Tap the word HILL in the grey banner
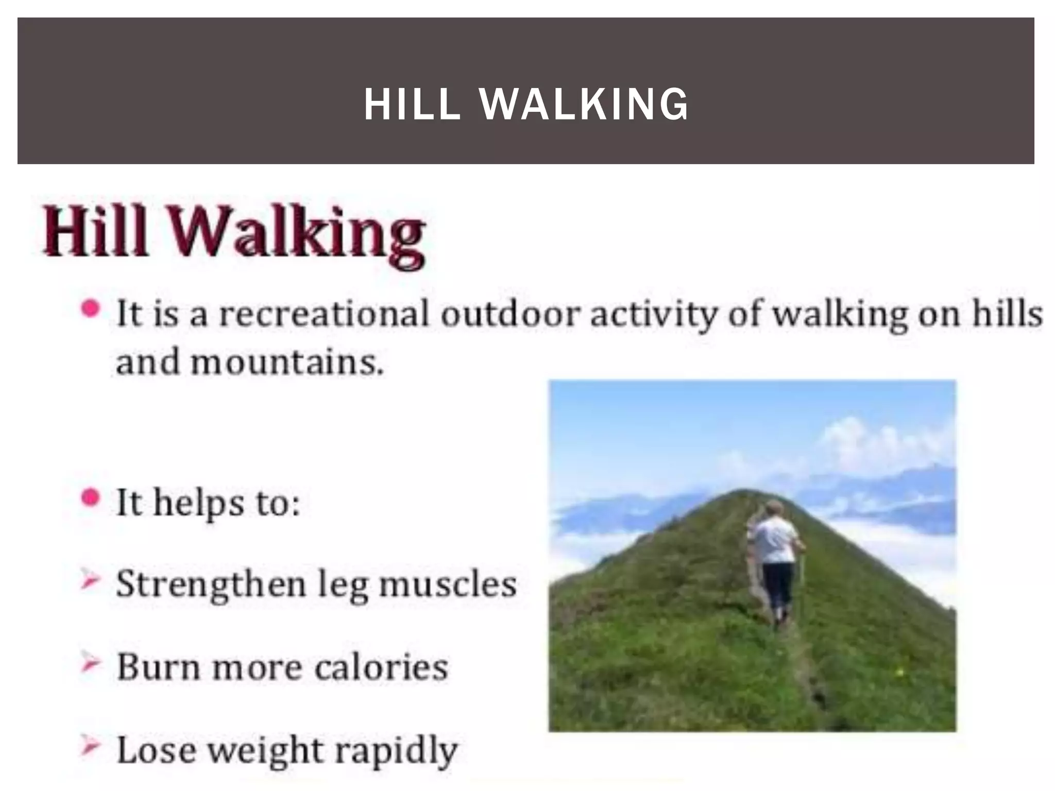[x=412, y=105]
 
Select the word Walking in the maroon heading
[x=297, y=234]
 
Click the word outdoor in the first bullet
[x=511, y=314]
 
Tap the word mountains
[x=287, y=363]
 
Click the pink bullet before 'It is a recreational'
[x=91, y=309]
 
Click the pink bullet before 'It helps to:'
[x=91, y=498]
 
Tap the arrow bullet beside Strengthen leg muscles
[x=90, y=580]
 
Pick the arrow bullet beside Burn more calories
[x=90, y=663]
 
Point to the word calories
[x=381, y=667]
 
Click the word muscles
[x=448, y=584]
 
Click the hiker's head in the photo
[x=773, y=508]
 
